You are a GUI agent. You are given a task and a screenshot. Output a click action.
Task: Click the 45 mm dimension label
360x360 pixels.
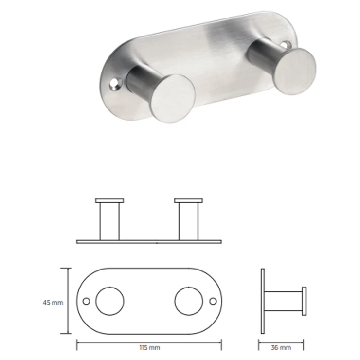tap(53, 303)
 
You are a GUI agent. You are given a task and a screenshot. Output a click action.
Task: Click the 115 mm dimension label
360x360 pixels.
tap(150, 347)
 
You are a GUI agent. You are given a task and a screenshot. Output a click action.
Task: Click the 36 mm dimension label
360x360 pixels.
tap(281, 347)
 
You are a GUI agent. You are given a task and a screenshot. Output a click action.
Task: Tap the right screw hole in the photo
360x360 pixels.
tap(286, 44)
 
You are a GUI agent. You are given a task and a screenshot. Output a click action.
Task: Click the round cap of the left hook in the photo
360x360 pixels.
tap(173, 98)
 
